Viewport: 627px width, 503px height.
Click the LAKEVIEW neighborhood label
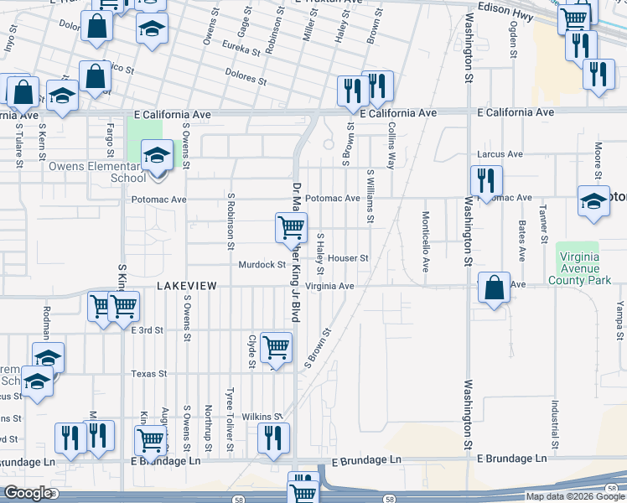point(187,286)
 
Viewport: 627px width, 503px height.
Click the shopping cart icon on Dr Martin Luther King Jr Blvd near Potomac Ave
point(291,226)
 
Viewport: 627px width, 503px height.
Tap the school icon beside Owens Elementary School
point(155,156)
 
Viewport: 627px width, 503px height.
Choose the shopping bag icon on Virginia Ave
point(495,287)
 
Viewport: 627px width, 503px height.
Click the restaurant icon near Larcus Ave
point(485,179)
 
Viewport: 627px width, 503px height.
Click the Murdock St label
point(262,265)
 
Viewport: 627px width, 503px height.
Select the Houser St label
point(348,258)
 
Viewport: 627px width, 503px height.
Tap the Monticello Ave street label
point(426,241)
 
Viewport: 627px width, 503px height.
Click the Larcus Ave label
point(500,154)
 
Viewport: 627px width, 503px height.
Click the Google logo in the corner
point(28,493)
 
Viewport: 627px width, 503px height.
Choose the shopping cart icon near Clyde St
point(276,346)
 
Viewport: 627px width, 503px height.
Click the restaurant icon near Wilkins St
point(273,437)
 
